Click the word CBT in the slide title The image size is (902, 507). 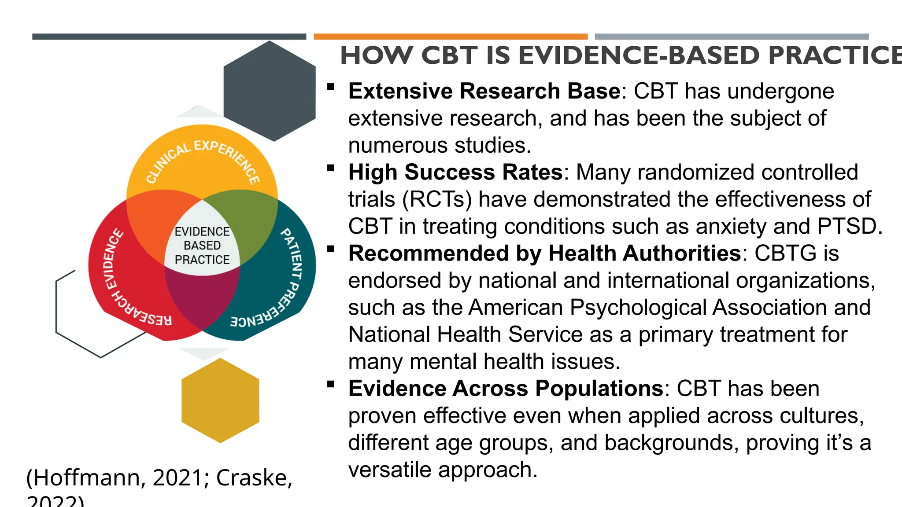tap(449, 56)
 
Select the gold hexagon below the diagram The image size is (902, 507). tap(220, 400)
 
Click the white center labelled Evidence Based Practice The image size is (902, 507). tap(202, 246)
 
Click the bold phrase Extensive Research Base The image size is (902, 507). tap(484, 91)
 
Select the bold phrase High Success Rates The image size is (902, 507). tap(455, 172)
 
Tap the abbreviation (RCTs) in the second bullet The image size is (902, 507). tap(437, 199)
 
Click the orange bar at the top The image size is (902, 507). tap(451, 37)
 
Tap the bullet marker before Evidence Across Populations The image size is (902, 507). tap(331, 384)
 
